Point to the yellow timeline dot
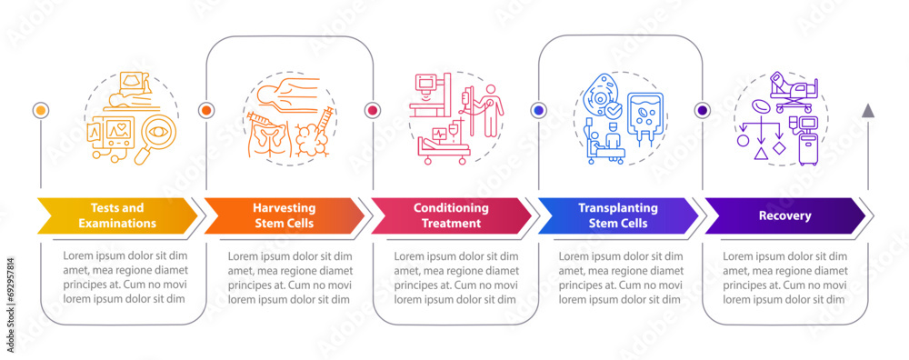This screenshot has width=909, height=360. coord(40,110)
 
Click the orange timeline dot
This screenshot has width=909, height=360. coord(206,110)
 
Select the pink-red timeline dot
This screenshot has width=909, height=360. coord(372,110)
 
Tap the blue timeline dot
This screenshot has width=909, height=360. coord(538,110)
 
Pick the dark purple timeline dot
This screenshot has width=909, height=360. coord(703,110)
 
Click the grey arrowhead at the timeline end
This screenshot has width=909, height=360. coord(868,111)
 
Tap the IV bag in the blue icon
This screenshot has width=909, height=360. coord(648,118)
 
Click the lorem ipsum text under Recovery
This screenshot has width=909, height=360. coord(784,277)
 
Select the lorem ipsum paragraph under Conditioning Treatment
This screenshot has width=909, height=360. coord(451,277)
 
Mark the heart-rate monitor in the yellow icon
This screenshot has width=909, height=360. coord(116,132)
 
